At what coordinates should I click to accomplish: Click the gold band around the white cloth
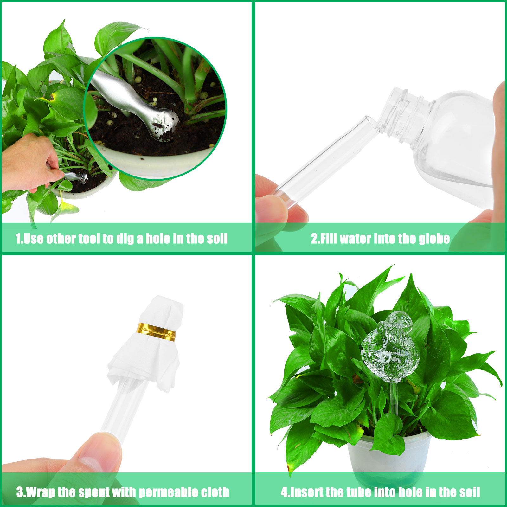(x=156, y=332)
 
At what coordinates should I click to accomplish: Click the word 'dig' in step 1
(x=125, y=239)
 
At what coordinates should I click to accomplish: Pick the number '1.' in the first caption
(x=19, y=239)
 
